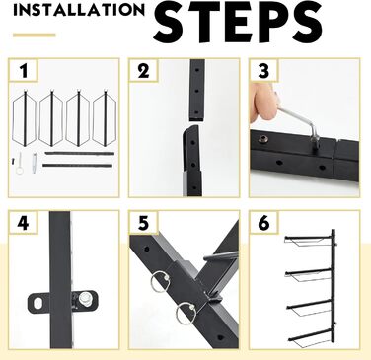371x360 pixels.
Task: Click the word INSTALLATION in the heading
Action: coord(79,10)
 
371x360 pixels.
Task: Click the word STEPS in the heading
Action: coord(238,22)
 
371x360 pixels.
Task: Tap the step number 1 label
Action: coord(24,71)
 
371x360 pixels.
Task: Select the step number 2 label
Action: coord(143,71)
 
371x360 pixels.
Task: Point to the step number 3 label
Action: coord(263,71)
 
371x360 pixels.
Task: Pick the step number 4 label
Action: coord(23,223)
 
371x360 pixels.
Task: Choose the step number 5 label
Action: coord(143,223)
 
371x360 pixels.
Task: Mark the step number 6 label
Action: coord(263,223)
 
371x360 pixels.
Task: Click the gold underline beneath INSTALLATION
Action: coord(35,36)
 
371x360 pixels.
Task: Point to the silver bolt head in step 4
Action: coord(84,300)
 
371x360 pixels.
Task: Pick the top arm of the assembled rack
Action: coord(308,239)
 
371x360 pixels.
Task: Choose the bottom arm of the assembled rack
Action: coord(311,336)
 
